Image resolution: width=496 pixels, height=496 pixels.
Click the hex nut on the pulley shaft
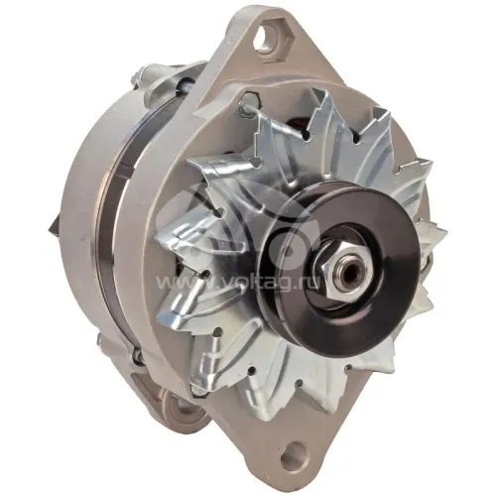tap(339, 269)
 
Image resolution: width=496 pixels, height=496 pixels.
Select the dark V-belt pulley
tap(334, 264)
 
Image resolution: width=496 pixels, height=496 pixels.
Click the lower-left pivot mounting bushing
tap(182, 411)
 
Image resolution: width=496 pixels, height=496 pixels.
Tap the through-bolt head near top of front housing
tap(247, 100)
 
